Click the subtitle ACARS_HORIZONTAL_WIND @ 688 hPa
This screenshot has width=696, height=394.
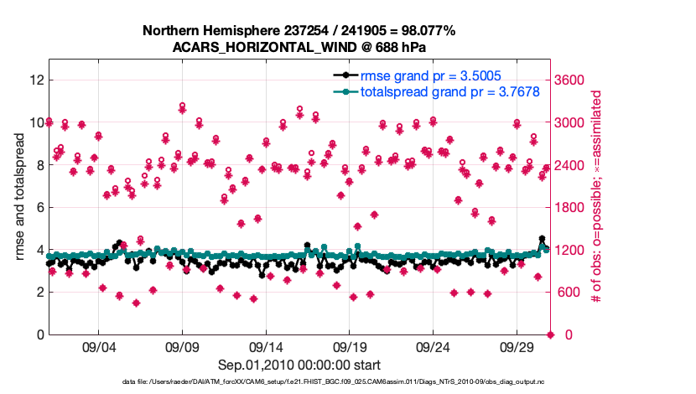pyautogui.click(x=299, y=47)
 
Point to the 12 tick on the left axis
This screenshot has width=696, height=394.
pyautogui.click(x=35, y=80)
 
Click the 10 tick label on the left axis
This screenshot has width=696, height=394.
pyautogui.click(x=35, y=122)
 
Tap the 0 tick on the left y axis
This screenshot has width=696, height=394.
pyautogui.click(x=39, y=334)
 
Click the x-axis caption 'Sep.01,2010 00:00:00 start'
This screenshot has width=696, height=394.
pyautogui.click(x=299, y=365)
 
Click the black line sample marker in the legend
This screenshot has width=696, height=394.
pyautogui.click(x=342, y=75)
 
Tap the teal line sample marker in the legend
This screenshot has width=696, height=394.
pyautogui.click(x=342, y=91)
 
